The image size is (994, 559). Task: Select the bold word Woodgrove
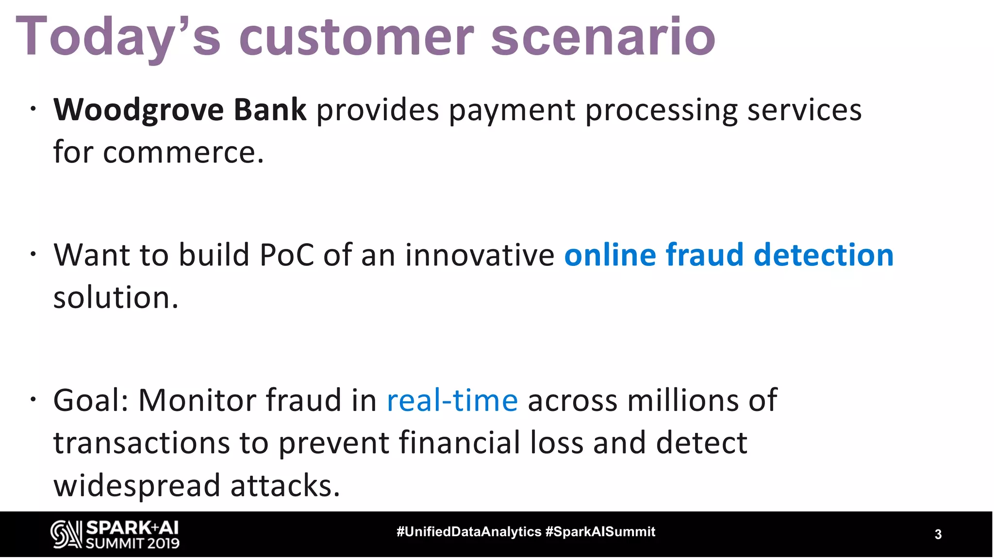[138, 110]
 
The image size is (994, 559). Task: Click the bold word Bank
[270, 110]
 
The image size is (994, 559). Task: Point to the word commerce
[183, 152]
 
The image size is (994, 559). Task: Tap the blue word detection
[823, 255]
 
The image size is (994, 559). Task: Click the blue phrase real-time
[452, 401]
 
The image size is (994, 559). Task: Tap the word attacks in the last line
[285, 486]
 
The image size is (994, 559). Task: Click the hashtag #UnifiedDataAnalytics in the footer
[469, 532]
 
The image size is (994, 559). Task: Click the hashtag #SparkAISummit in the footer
[600, 532]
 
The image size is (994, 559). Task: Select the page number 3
[938, 534]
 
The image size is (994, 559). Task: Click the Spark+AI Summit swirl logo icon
[66, 535]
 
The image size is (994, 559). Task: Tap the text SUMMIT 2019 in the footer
[133, 543]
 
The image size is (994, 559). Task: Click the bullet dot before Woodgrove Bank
[33, 109]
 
